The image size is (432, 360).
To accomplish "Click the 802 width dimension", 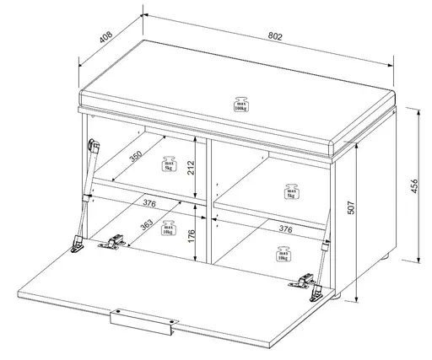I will click(x=276, y=36).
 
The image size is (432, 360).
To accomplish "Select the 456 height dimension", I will click(x=413, y=185).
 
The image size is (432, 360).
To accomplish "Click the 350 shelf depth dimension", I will click(x=137, y=158).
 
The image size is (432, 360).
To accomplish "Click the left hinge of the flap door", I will click(x=110, y=244).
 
